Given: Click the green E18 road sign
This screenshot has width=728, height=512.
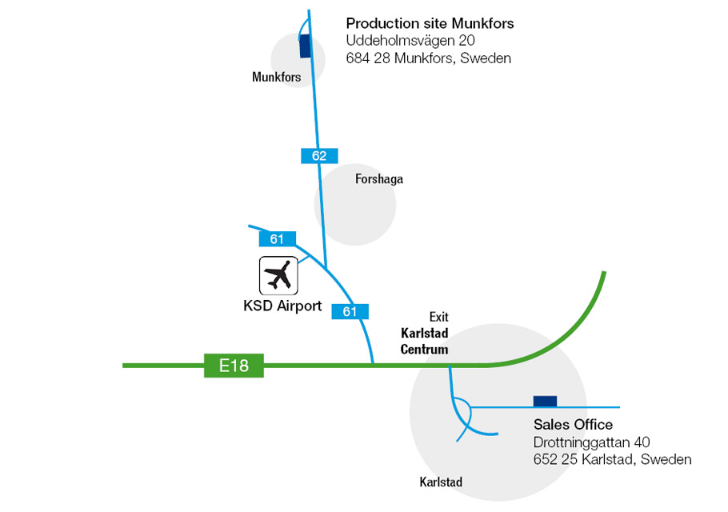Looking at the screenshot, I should tap(234, 366).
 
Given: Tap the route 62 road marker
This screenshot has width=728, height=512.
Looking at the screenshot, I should tap(319, 156).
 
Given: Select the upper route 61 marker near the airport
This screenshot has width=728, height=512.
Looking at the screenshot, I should tap(277, 238).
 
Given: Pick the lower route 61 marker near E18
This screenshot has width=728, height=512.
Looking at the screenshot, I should tap(350, 312).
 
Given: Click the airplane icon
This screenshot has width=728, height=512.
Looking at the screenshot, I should tap(278, 276).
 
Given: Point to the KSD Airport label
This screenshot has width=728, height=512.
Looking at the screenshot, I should tap(282, 306).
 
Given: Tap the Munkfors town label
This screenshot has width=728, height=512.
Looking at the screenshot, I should tap(276, 78).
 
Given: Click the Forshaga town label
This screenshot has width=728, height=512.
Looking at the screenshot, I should tap(379, 179).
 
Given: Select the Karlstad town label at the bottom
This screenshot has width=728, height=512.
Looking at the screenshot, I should tap(441, 482).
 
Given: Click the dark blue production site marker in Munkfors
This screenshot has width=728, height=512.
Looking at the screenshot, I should tap(304, 46).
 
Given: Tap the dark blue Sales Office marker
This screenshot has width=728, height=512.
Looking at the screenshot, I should tap(545, 401).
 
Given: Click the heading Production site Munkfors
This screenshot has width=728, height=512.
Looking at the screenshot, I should tap(430, 24).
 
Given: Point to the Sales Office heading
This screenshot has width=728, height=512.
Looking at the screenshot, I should tap(573, 425).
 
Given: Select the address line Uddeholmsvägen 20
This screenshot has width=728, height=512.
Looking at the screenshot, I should tap(411, 41).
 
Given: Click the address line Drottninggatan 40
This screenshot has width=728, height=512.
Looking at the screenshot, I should tap(591, 442).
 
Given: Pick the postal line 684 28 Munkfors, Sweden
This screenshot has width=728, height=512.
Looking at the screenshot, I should tap(428, 58).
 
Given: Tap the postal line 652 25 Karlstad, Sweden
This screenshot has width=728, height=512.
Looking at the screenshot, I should tap(612, 459).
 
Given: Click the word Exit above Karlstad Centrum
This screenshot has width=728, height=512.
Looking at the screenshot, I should tap(438, 317).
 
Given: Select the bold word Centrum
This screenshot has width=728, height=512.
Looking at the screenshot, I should tap(424, 350).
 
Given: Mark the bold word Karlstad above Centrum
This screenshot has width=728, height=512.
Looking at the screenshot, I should tap(424, 334).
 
